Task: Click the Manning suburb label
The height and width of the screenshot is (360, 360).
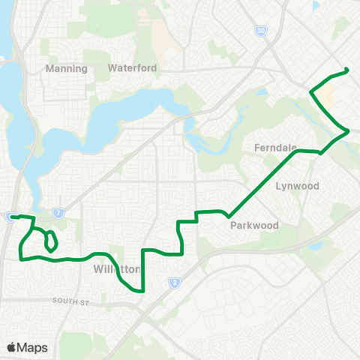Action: tap(66, 68)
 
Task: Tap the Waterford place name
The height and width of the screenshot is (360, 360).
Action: tap(132, 67)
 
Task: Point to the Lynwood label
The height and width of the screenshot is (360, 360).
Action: tap(297, 185)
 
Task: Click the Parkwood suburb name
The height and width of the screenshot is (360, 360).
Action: tap(254, 225)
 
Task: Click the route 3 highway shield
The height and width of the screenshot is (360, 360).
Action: tap(174, 283)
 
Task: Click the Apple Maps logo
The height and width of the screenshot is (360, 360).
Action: tap(26, 347)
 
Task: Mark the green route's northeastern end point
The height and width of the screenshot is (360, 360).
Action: tap(347, 70)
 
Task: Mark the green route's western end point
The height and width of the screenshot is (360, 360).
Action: tap(12, 217)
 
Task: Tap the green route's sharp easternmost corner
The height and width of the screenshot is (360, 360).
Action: tap(349, 131)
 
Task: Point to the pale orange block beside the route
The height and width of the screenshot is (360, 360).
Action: tap(327, 94)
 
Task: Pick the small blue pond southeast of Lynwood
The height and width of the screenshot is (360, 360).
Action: tap(315, 245)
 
